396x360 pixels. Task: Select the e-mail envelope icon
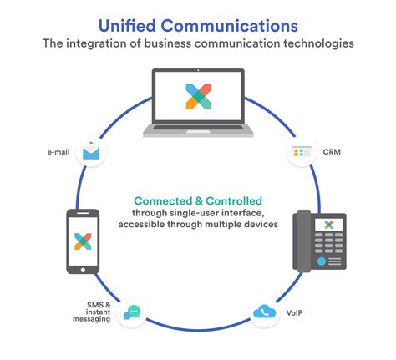[x=90, y=153]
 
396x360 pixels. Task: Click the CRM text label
[x=331, y=153]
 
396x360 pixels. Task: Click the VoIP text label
[x=295, y=312]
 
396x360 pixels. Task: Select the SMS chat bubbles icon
[x=131, y=313]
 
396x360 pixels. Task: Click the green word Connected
[x=163, y=201]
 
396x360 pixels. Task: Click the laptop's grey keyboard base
[x=197, y=129]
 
